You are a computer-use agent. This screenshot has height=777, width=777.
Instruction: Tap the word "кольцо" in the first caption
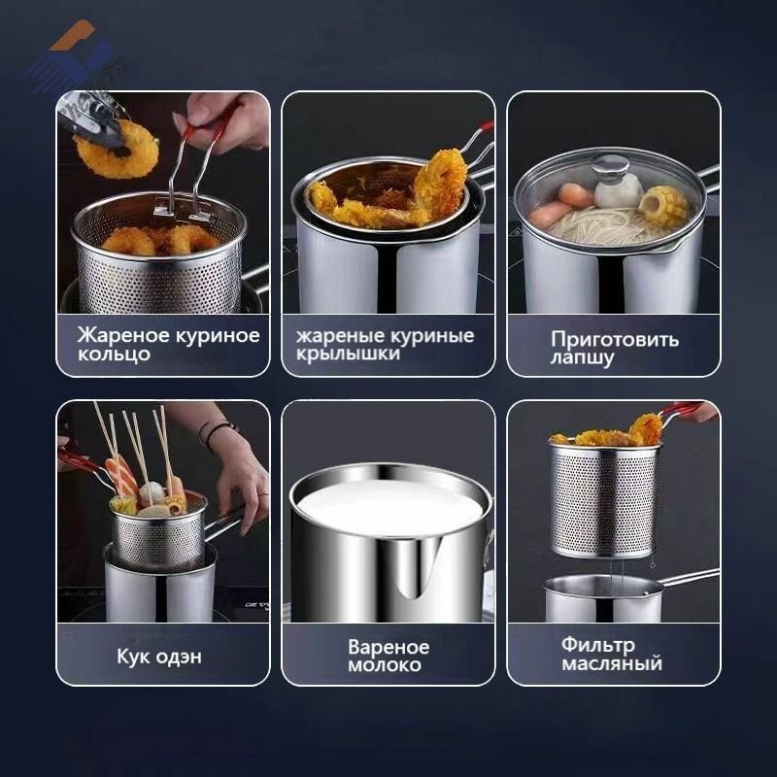(115, 354)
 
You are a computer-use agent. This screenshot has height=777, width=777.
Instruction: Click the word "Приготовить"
(615, 340)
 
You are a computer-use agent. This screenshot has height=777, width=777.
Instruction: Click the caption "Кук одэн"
(159, 656)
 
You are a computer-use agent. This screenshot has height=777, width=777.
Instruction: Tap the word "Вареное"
(388, 647)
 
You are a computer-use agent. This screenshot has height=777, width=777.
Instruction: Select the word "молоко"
(387, 665)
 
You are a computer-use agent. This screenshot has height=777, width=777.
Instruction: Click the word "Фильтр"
(597, 645)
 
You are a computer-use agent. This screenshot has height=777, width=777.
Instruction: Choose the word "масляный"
(612, 663)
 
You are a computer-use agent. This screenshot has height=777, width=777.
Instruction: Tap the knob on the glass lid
(611, 168)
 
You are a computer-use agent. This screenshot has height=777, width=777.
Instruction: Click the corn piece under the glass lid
(663, 206)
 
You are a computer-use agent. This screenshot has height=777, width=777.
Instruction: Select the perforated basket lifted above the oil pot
(604, 500)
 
